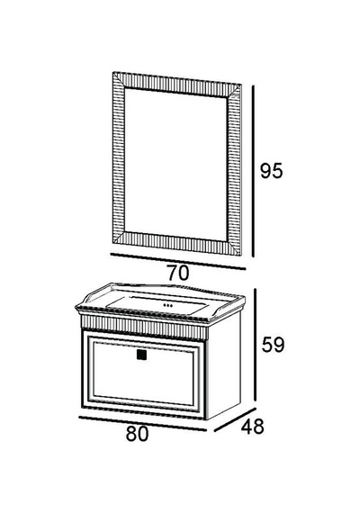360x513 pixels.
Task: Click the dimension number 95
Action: pyautogui.click(x=271, y=171)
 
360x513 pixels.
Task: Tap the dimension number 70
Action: pyautogui.click(x=178, y=273)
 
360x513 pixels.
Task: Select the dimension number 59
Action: pyautogui.click(x=273, y=344)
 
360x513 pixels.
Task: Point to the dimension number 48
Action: pyautogui.click(x=252, y=427)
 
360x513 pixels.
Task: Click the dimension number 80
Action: pyautogui.click(x=137, y=434)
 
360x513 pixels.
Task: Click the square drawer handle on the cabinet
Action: pyautogui.click(x=141, y=355)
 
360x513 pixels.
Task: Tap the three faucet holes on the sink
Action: pyautogui.click(x=167, y=306)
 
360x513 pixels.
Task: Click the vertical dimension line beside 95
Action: pyautogui.click(x=253, y=171)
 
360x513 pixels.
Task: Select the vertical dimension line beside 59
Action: pyautogui.click(x=256, y=344)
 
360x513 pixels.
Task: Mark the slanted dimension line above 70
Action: pyautogui.click(x=177, y=261)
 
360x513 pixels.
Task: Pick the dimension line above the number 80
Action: pyautogui.click(x=143, y=423)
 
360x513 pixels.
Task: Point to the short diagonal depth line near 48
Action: pyautogui.click(x=235, y=419)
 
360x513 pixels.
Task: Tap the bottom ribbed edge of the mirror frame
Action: pyautogui.click(x=176, y=242)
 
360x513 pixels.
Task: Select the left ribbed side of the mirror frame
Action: pyautogui.click(x=119, y=157)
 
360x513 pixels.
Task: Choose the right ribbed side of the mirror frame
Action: pyautogui.click(x=234, y=169)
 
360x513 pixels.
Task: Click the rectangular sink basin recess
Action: pyautogui.click(x=157, y=305)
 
